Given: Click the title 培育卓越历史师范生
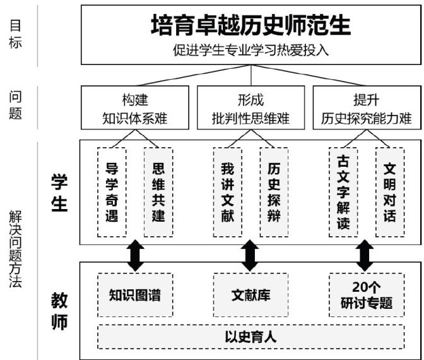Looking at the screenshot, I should pyautogui.click(x=250, y=26).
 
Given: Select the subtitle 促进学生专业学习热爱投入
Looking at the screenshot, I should pyautogui.click(x=250, y=50).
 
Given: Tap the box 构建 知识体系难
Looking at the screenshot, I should pyautogui.click(x=135, y=109).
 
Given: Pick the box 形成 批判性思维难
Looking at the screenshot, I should pyautogui.click(x=250, y=109).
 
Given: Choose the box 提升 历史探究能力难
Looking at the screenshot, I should pyautogui.click(x=366, y=109).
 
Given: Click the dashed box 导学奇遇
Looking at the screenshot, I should pyautogui.click(x=112, y=192).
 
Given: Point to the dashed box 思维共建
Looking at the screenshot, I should pyautogui.click(x=158, y=192).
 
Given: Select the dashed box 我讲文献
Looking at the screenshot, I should pyautogui.click(x=228, y=192).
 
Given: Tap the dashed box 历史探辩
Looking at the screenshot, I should pyautogui.click(x=274, y=192).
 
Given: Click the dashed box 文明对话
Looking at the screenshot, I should pyautogui.click(x=390, y=192).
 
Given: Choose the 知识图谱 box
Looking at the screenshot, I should pyautogui.click(x=135, y=295).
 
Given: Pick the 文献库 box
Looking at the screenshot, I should pyautogui.click(x=250, y=295).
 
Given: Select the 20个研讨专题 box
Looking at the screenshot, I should pyautogui.click(x=367, y=295).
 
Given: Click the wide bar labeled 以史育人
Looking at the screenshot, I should pyautogui.click(x=250, y=336).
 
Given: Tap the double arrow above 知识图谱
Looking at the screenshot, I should pyautogui.click(x=135, y=254).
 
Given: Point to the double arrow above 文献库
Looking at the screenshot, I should pyautogui.click(x=250, y=254).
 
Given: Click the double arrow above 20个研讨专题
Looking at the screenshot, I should pyautogui.click(x=364, y=254).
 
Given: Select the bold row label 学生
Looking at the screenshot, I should pyautogui.click(x=58, y=193).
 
